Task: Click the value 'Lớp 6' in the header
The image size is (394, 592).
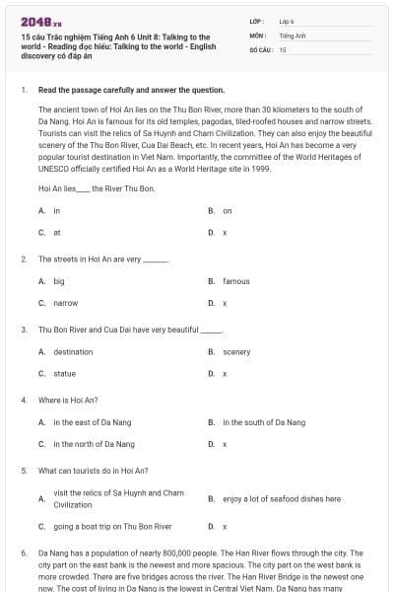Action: (x=286, y=21)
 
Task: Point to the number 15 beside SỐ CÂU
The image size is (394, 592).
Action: (x=283, y=48)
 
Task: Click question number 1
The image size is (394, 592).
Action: (x=23, y=90)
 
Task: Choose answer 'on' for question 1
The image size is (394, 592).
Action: (x=227, y=210)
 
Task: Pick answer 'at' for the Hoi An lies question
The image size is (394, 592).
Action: (x=56, y=232)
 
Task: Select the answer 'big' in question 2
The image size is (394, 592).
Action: (x=59, y=281)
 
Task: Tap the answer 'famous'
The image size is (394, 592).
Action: (x=235, y=281)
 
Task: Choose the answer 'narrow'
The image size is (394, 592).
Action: (x=65, y=303)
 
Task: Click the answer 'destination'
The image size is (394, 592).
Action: (x=73, y=352)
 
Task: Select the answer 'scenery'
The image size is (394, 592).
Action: (x=236, y=352)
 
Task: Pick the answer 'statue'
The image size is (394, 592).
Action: (x=63, y=374)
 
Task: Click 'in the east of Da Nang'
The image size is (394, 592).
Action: (x=92, y=422)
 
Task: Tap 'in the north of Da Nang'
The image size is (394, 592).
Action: (x=94, y=444)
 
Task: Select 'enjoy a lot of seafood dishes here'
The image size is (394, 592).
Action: (x=281, y=498)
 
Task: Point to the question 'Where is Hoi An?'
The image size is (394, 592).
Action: (x=68, y=400)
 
